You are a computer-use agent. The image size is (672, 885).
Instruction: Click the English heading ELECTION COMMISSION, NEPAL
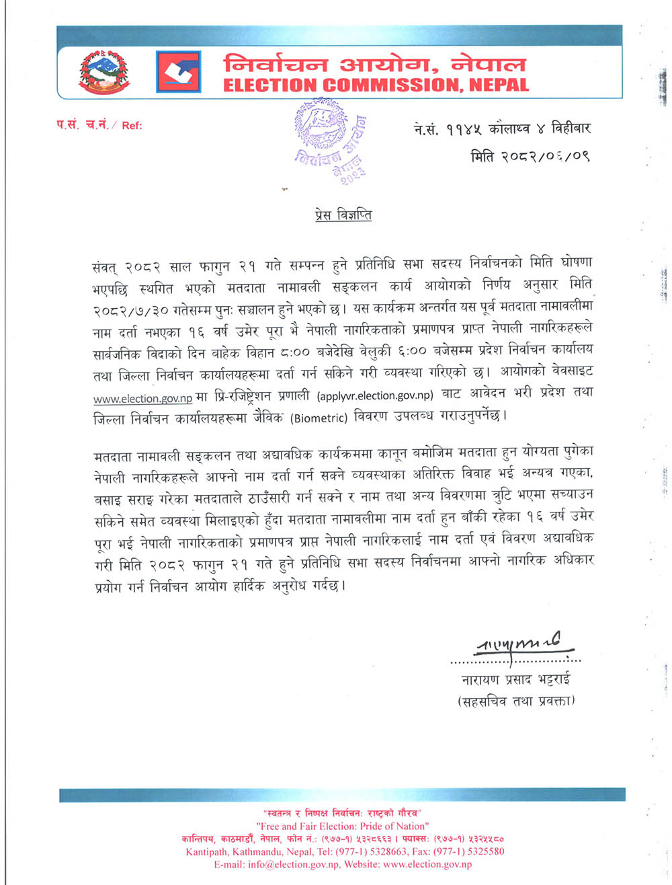tap(376, 85)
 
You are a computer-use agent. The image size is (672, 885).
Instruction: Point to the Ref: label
tap(132, 125)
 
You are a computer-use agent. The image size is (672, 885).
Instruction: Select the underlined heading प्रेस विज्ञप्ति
tap(343, 216)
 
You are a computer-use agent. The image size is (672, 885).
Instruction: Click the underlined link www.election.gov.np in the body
tap(142, 399)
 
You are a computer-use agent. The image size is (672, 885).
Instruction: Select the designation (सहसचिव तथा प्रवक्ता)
tap(515, 701)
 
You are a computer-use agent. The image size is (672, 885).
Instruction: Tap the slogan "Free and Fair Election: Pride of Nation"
tap(343, 826)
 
